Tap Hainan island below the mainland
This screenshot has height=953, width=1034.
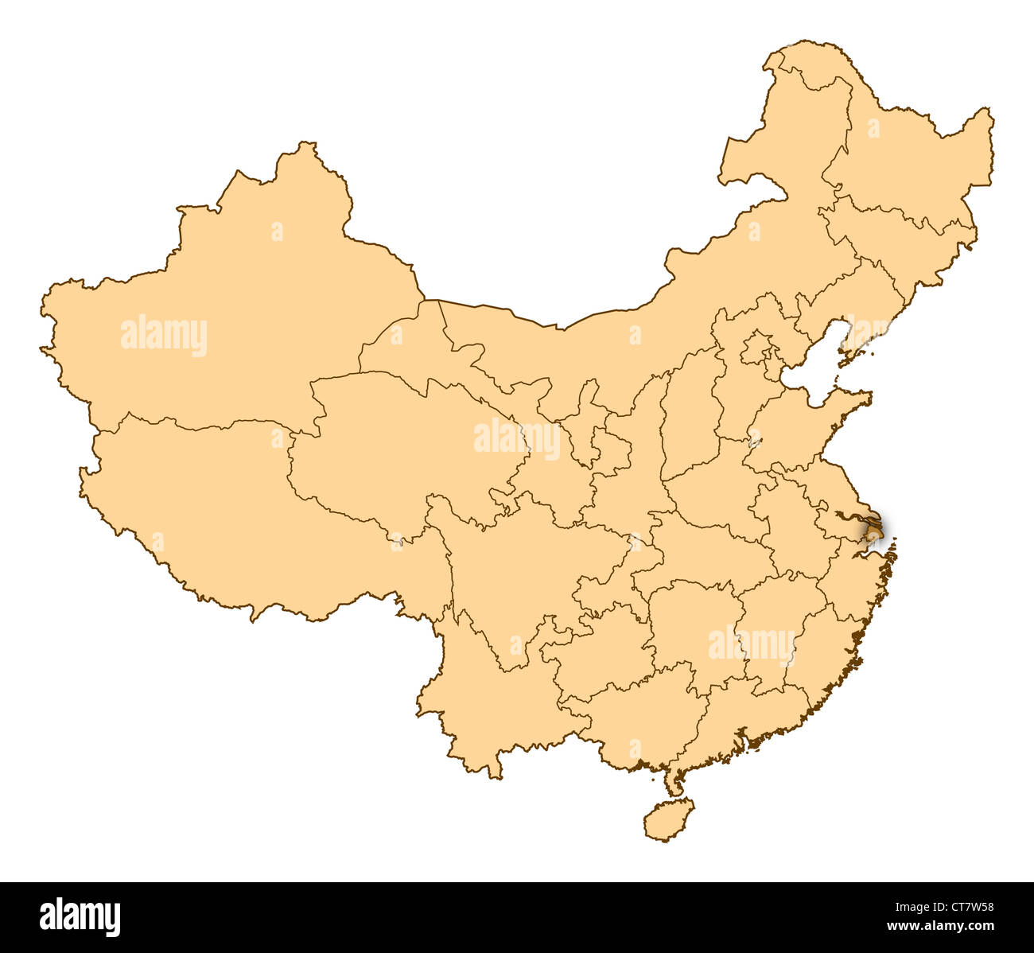(668, 819)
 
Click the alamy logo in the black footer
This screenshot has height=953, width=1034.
(80, 916)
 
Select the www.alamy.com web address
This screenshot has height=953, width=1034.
(941, 926)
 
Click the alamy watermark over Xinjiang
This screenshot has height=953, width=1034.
(164, 336)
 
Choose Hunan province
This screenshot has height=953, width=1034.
(692, 628)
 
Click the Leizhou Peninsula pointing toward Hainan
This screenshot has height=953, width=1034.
(673, 784)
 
